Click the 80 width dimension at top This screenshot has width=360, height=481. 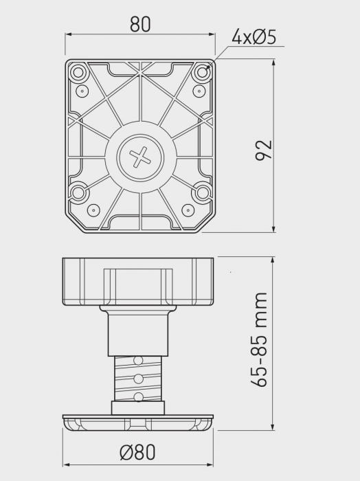pos(140,25)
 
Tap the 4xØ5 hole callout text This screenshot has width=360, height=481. pos(254,37)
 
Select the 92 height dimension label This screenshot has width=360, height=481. pos(264,150)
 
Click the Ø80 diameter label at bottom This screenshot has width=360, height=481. pos(137,452)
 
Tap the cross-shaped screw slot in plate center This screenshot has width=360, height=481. pos(140,157)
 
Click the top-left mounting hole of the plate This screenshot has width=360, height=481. pos(78,73)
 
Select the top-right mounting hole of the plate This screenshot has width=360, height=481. pos(203,73)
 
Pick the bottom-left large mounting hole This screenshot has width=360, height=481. pos(78,192)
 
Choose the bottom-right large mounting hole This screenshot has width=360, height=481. pos(203,192)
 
